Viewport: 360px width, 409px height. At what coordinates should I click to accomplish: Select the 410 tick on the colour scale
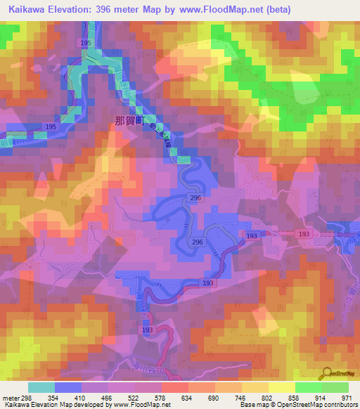click(x=82, y=397)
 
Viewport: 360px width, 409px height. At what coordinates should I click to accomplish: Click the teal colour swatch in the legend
click(x=41, y=387)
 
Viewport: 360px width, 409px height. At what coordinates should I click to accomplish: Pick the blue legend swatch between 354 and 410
click(x=68, y=387)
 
